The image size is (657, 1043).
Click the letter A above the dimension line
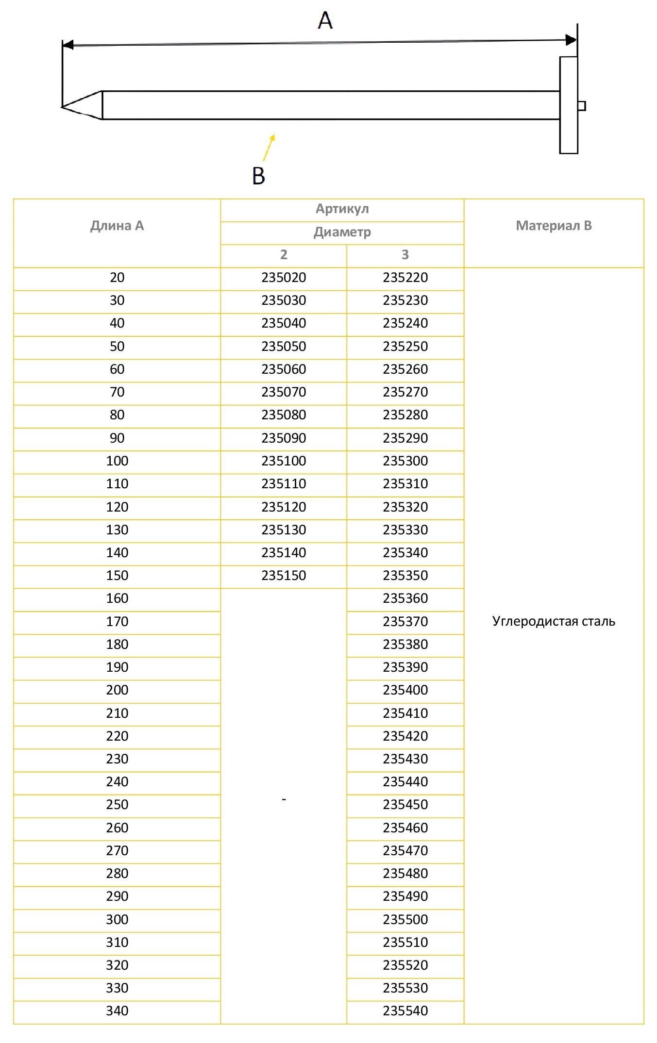(x=325, y=20)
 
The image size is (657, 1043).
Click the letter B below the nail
(x=258, y=176)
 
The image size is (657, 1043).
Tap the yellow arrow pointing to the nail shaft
(x=269, y=148)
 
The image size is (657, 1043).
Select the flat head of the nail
(x=569, y=105)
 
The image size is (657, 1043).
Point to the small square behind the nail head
(x=581, y=106)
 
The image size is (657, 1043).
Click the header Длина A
(x=117, y=226)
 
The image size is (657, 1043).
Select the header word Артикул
(x=342, y=209)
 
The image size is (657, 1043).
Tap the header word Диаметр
(x=342, y=232)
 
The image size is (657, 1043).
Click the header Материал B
(x=554, y=226)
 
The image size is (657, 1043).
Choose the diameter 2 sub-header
(x=284, y=254)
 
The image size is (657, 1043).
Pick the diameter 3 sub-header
(x=405, y=254)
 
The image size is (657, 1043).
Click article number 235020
(x=284, y=278)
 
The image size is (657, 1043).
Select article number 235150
(x=284, y=576)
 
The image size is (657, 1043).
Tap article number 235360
(x=405, y=598)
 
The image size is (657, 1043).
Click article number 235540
(x=405, y=1011)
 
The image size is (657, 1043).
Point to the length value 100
(x=117, y=461)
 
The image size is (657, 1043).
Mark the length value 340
(x=117, y=1011)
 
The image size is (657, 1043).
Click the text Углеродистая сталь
(x=554, y=621)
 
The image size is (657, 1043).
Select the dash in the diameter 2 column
(x=284, y=799)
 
